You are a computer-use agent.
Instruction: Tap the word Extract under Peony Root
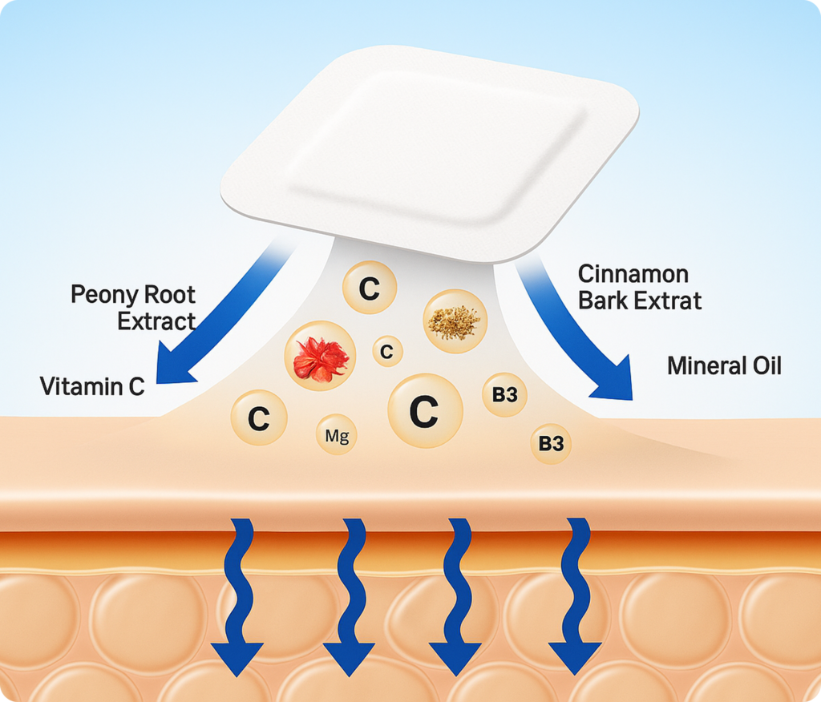pos(156,322)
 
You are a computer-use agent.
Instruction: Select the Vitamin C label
pos(92,387)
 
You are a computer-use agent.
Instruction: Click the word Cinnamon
pos(633,274)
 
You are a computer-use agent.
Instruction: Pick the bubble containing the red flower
pos(321,357)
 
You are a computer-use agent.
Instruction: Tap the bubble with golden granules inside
pos(454,321)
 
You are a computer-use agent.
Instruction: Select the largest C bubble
pos(424,410)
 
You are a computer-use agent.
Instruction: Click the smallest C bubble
pos(387,350)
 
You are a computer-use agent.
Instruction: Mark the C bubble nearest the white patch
pos(369,288)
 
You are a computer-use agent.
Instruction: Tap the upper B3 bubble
pos(504,394)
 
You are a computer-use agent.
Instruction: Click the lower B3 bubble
pos(551,443)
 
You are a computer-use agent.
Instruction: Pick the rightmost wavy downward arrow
pos(576,593)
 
